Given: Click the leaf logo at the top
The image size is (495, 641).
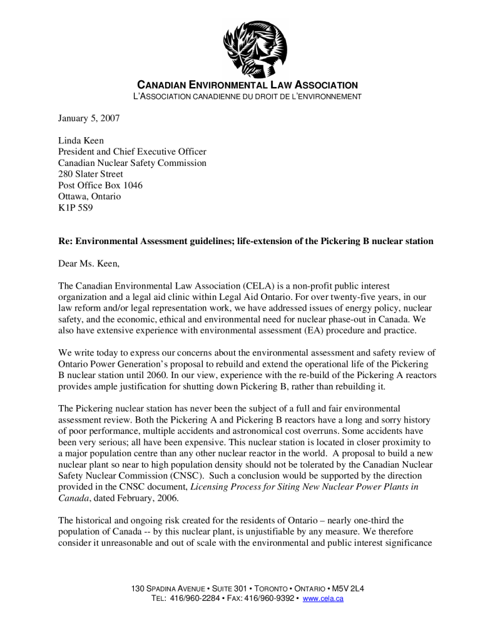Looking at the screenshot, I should point(254,44).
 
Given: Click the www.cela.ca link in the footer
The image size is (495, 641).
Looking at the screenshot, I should point(323,599).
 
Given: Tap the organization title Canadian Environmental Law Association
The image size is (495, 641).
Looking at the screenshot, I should point(247,85).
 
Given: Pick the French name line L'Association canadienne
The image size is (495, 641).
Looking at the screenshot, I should point(247,96).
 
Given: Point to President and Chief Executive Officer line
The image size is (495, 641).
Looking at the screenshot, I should point(132,152).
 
